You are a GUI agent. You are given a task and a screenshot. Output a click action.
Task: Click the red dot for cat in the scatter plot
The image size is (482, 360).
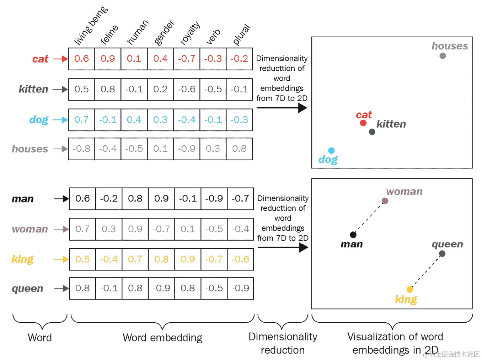pos(363,123)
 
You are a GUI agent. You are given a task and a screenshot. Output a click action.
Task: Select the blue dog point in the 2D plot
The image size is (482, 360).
pos(331,151)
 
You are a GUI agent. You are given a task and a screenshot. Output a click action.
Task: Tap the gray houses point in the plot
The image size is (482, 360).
pos(443,56)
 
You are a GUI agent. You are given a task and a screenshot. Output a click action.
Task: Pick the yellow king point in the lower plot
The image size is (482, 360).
pos(410,289)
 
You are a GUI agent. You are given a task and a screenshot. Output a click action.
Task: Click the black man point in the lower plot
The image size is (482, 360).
pos(353,235)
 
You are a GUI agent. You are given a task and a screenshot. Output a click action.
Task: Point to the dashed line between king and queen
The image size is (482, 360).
pos(426,271)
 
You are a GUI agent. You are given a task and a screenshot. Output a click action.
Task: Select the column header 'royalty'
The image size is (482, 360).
pos(190,33)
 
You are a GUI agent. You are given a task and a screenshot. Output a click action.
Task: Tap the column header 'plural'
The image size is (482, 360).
pos(241,35)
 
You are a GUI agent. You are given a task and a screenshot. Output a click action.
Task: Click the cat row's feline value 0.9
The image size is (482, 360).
pos(108,59)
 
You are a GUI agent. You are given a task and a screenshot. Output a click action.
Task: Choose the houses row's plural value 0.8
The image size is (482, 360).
pos(239,149)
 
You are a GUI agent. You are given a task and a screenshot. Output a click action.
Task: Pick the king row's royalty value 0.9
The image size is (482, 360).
pos(188,259)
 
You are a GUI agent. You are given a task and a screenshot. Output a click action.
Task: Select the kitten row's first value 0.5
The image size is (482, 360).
pos(81,89)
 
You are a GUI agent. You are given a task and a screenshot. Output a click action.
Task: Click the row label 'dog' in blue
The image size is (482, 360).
pos(39,120)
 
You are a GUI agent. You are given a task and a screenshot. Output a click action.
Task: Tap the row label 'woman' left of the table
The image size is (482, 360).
pos(30,229)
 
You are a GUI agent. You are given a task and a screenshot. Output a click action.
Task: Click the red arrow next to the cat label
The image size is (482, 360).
pos(60,59)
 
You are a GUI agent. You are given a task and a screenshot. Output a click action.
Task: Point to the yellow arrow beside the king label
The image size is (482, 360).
pos(61,259)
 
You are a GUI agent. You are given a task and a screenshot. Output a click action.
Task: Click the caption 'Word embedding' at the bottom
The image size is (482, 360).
pos(162,337)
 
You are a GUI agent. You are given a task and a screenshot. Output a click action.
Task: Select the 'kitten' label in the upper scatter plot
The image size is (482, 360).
pos(391,124)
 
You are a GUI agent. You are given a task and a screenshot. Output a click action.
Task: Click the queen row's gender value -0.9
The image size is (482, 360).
pos(161,288)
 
